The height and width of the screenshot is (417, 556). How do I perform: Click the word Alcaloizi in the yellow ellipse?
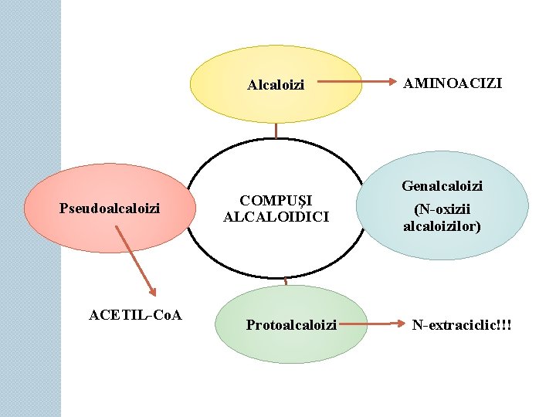coord(276,84)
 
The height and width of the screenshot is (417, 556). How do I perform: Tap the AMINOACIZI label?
coord(453,82)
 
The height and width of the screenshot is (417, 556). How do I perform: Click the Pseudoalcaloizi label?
coord(110,208)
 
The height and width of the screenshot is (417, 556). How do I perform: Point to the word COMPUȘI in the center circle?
coord(276,200)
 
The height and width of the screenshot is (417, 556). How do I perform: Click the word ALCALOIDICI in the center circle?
coord(276,217)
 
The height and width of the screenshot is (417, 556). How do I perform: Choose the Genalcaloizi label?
coord(442,186)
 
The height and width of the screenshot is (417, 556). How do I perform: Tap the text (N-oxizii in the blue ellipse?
coord(442,209)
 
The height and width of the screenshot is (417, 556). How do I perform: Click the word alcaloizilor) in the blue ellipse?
coord(442,226)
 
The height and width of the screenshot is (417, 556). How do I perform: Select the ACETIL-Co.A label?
coord(135,314)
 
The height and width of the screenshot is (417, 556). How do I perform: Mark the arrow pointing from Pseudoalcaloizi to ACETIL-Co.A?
coord(134,259)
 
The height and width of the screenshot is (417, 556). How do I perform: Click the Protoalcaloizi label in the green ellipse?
coord(291,325)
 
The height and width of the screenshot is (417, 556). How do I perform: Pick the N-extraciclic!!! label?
coord(462,325)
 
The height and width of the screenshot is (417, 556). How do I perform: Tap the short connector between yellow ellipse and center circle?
coord(275,131)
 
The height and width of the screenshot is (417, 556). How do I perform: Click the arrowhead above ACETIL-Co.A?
coord(152,290)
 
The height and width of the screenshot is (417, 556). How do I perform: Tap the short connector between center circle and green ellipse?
coord(285,280)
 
